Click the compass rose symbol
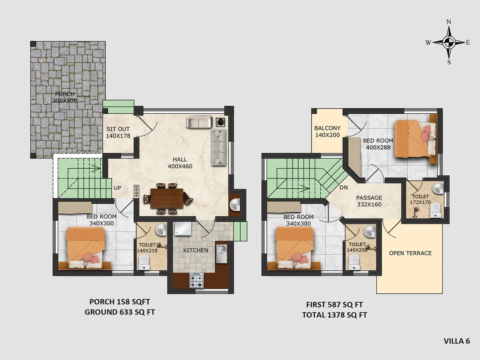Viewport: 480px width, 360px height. coord(449,42)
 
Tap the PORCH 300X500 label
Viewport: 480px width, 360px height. coord(65,97)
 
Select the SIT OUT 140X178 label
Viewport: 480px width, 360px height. coord(118,132)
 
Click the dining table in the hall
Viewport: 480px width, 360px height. coord(167,198)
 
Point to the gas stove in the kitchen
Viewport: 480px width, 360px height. coord(196,281)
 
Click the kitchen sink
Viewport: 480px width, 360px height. coord(222,253)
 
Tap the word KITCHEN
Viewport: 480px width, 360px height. coord(196,250)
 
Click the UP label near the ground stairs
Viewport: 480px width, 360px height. coord(117,188)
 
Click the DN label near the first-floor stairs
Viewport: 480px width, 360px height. coord(343,187)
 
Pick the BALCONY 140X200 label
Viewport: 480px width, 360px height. coord(327,131)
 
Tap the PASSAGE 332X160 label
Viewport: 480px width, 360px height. coord(369,201)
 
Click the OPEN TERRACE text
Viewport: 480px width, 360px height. coord(410,253)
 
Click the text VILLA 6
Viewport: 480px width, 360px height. coord(457,341)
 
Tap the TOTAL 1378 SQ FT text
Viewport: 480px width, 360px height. coord(334,315)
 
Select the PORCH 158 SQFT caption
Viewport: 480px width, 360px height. coord(119,302)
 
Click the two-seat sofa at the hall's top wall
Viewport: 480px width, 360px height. coord(199,122)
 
